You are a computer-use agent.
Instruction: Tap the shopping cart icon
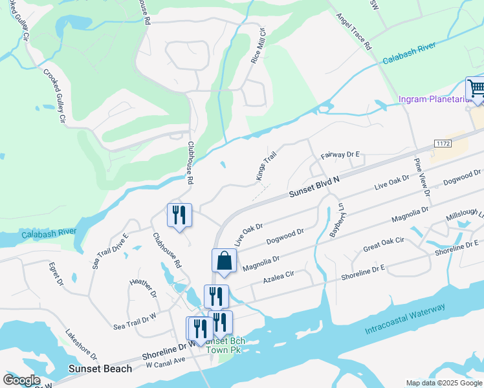pos(476,88)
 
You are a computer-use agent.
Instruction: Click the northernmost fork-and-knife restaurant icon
pos(179,215)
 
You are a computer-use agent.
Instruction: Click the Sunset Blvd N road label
pos(314,188)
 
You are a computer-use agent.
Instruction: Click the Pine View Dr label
pos(421,176)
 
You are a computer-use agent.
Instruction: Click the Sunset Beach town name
pos(100,369)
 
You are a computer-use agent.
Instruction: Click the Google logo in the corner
pos(21,380)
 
